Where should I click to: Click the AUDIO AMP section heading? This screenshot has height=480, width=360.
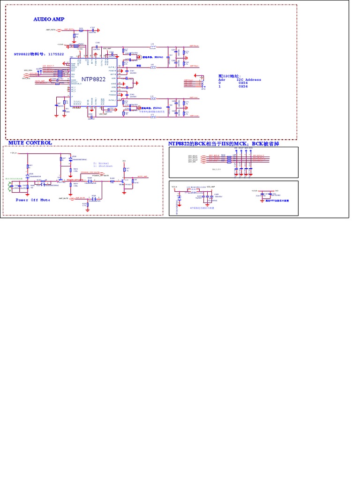[49, 19]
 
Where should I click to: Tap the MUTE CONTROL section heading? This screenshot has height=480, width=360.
[30, 142]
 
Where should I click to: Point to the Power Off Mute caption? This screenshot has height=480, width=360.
[33, 200]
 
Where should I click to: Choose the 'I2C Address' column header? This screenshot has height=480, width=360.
[249, 80]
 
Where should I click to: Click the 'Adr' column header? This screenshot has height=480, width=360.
[222, 80]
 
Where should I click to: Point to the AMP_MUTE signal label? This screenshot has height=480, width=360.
[64, 198]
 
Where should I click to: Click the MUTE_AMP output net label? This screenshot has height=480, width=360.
[142, 177]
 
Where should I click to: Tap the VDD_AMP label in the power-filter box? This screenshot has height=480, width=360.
[211, 187]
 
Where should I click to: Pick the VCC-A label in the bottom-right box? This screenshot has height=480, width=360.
[174, 187]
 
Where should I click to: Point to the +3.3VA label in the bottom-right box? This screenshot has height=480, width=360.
[255, 190]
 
